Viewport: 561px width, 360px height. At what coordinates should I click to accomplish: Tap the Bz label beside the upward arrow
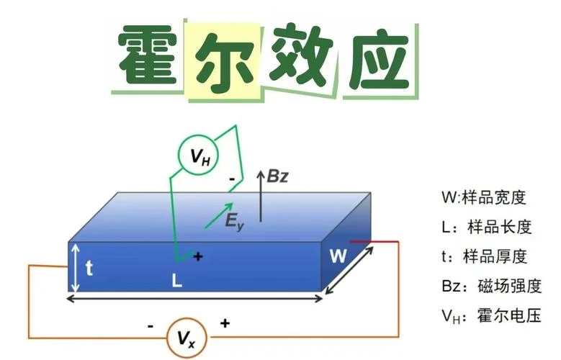click(x=278, y=176)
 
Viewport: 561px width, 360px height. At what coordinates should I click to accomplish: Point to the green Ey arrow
click(x=219, y=215)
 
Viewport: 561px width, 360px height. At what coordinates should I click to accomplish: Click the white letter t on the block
click(x=89, y=268)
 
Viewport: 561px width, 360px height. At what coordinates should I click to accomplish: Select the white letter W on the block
click(x=338, y=256)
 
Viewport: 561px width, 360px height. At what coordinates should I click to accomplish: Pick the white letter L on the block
click(x=176, y=281)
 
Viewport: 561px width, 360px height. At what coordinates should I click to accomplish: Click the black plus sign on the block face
click(x=198, y=256)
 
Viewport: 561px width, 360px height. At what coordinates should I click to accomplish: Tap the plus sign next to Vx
click(x=225, y=323)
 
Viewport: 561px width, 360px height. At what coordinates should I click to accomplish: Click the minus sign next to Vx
click(x=151, y=326)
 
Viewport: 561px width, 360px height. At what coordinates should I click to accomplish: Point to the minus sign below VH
click(x=232, y=179)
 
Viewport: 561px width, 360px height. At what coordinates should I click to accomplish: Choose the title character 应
click(x=380, y=61)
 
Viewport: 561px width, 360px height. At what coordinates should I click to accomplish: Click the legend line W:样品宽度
click(x=484, y=197)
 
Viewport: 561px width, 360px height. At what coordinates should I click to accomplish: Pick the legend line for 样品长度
click(x=487, y=228)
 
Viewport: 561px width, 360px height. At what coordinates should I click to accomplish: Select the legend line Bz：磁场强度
click(x=492, y=287)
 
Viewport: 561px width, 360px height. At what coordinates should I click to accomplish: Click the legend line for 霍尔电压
click(x=491, y=316)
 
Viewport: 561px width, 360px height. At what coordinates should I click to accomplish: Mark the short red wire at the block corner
click(x=374, y=242)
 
